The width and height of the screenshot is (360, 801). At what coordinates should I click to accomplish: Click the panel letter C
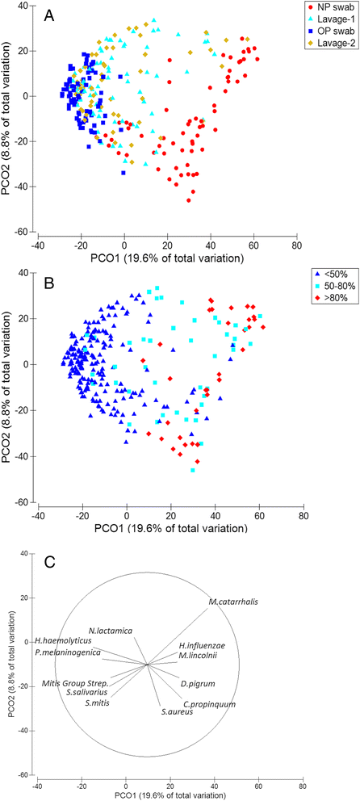50,562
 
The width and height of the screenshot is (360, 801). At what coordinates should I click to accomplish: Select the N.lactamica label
111,630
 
